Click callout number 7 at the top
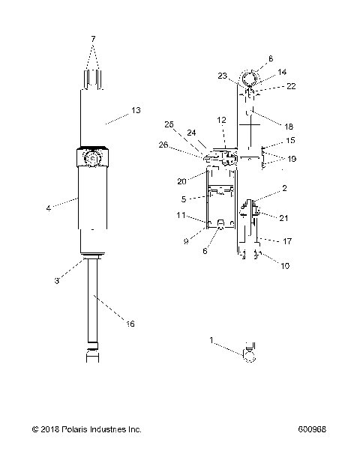[x=92, y=37]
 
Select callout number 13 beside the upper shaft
[x=135, y=110]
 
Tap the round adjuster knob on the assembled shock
[x=93, y=159]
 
